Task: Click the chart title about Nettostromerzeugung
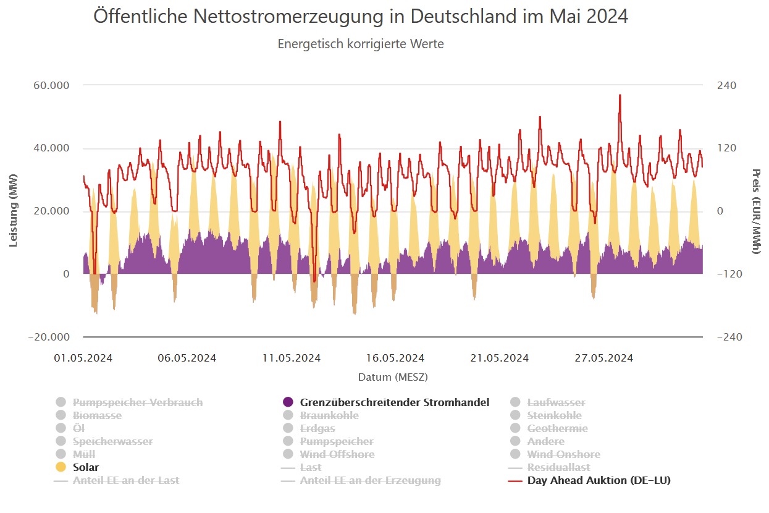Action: (360, 16)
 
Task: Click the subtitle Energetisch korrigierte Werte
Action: (360, 44)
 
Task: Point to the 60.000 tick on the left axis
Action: (50, 85)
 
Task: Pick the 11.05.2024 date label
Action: (291, 358)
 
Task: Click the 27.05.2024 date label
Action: (603, 358)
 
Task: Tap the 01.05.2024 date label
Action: (83, 358)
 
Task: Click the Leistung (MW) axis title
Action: (13, 211)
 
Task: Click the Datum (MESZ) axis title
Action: (393, 376)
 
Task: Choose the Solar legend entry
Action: (86, 467)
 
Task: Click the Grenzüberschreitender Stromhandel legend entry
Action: (394, 402)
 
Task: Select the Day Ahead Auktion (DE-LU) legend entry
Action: (599, 480)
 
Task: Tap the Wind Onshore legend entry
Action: (563, 454)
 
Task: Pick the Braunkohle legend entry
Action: (329, 415)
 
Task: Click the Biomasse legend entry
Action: (97, 415)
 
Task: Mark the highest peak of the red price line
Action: (620, 95)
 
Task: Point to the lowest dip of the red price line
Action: (314, 281)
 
